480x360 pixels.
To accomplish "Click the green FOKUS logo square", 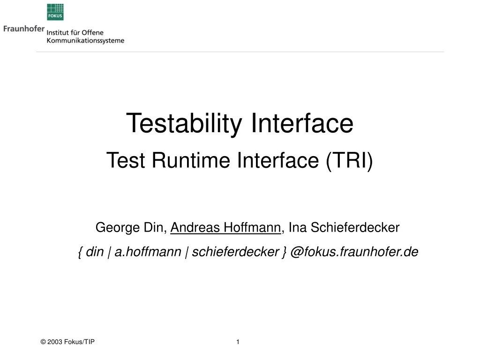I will pyautogui.click(x=55, y=12).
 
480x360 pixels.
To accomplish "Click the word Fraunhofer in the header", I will pyautogui.click(x=24, y=29).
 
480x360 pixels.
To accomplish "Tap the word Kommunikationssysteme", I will pyautogui.click(x=85, y=41).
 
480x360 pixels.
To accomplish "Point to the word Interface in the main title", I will pyautogui.click(x=302, y=123).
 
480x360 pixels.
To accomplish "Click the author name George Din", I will pyautogui.click(x=131, y=228).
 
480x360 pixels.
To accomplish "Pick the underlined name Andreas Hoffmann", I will pyautogui.click(x=225, y=228).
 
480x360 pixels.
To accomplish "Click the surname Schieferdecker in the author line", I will pyautogui.click(x=355, y=228).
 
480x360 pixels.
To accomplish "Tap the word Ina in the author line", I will pyautogui.click(x=298, y=228).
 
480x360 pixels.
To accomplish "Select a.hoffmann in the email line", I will pyautogui.click(x=148, y=252).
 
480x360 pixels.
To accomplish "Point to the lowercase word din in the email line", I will pyautogui.click(x=95, y=252).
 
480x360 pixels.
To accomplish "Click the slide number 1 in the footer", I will pyautogui.click(x=238, y=342).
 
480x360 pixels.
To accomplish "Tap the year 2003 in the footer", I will pyautogui.click(x=55, y=342).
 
